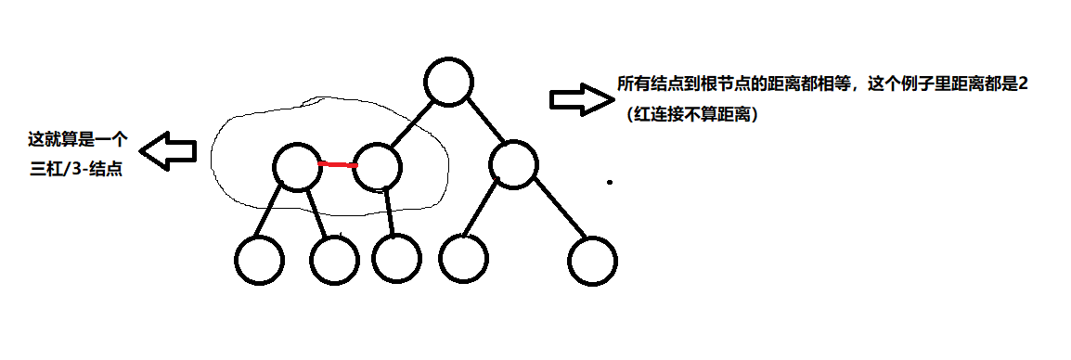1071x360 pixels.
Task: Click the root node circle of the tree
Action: coord(450,82)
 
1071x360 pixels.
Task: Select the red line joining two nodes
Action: coord(337,165)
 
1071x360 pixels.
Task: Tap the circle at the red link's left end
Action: coord(297,167)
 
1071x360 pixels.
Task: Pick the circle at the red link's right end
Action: coord(378,166)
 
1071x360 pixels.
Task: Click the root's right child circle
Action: coord(513,165)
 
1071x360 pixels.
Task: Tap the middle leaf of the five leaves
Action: coord(396,258)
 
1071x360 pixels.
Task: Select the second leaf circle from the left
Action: coord(334,260)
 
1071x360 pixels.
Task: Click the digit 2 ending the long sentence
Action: coord(1023,84)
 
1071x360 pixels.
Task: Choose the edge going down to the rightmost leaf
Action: coord(560,214)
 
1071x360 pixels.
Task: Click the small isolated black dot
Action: coord(610,182)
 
